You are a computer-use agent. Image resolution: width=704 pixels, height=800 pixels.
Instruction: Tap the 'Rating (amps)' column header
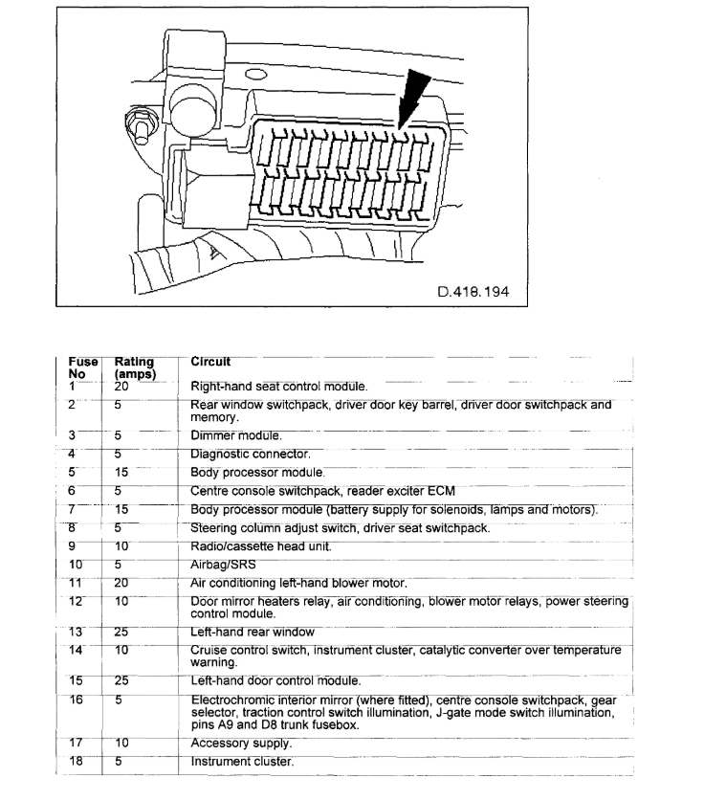(x=134, y=368)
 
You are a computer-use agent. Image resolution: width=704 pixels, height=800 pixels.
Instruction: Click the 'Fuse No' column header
(x=83, y=368)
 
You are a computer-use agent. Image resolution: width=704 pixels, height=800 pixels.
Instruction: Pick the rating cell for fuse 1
(x=121, y=387)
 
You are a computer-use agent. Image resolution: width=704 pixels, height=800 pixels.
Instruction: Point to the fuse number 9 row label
(x=72, y=545)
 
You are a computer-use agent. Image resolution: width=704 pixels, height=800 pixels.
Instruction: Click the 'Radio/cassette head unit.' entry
(x=260, y=545)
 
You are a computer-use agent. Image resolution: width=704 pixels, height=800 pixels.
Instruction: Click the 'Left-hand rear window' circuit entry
(x=253, y=632)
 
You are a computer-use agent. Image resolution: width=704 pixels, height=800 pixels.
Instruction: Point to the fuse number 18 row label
(x=76, y=762)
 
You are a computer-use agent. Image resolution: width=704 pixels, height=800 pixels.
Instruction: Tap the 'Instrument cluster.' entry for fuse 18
(x=242, y=762)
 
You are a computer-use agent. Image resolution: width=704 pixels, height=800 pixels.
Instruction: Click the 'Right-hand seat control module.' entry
(x=279, y=387)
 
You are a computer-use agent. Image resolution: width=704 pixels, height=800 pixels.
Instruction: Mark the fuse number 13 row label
(x=76, y=632)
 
